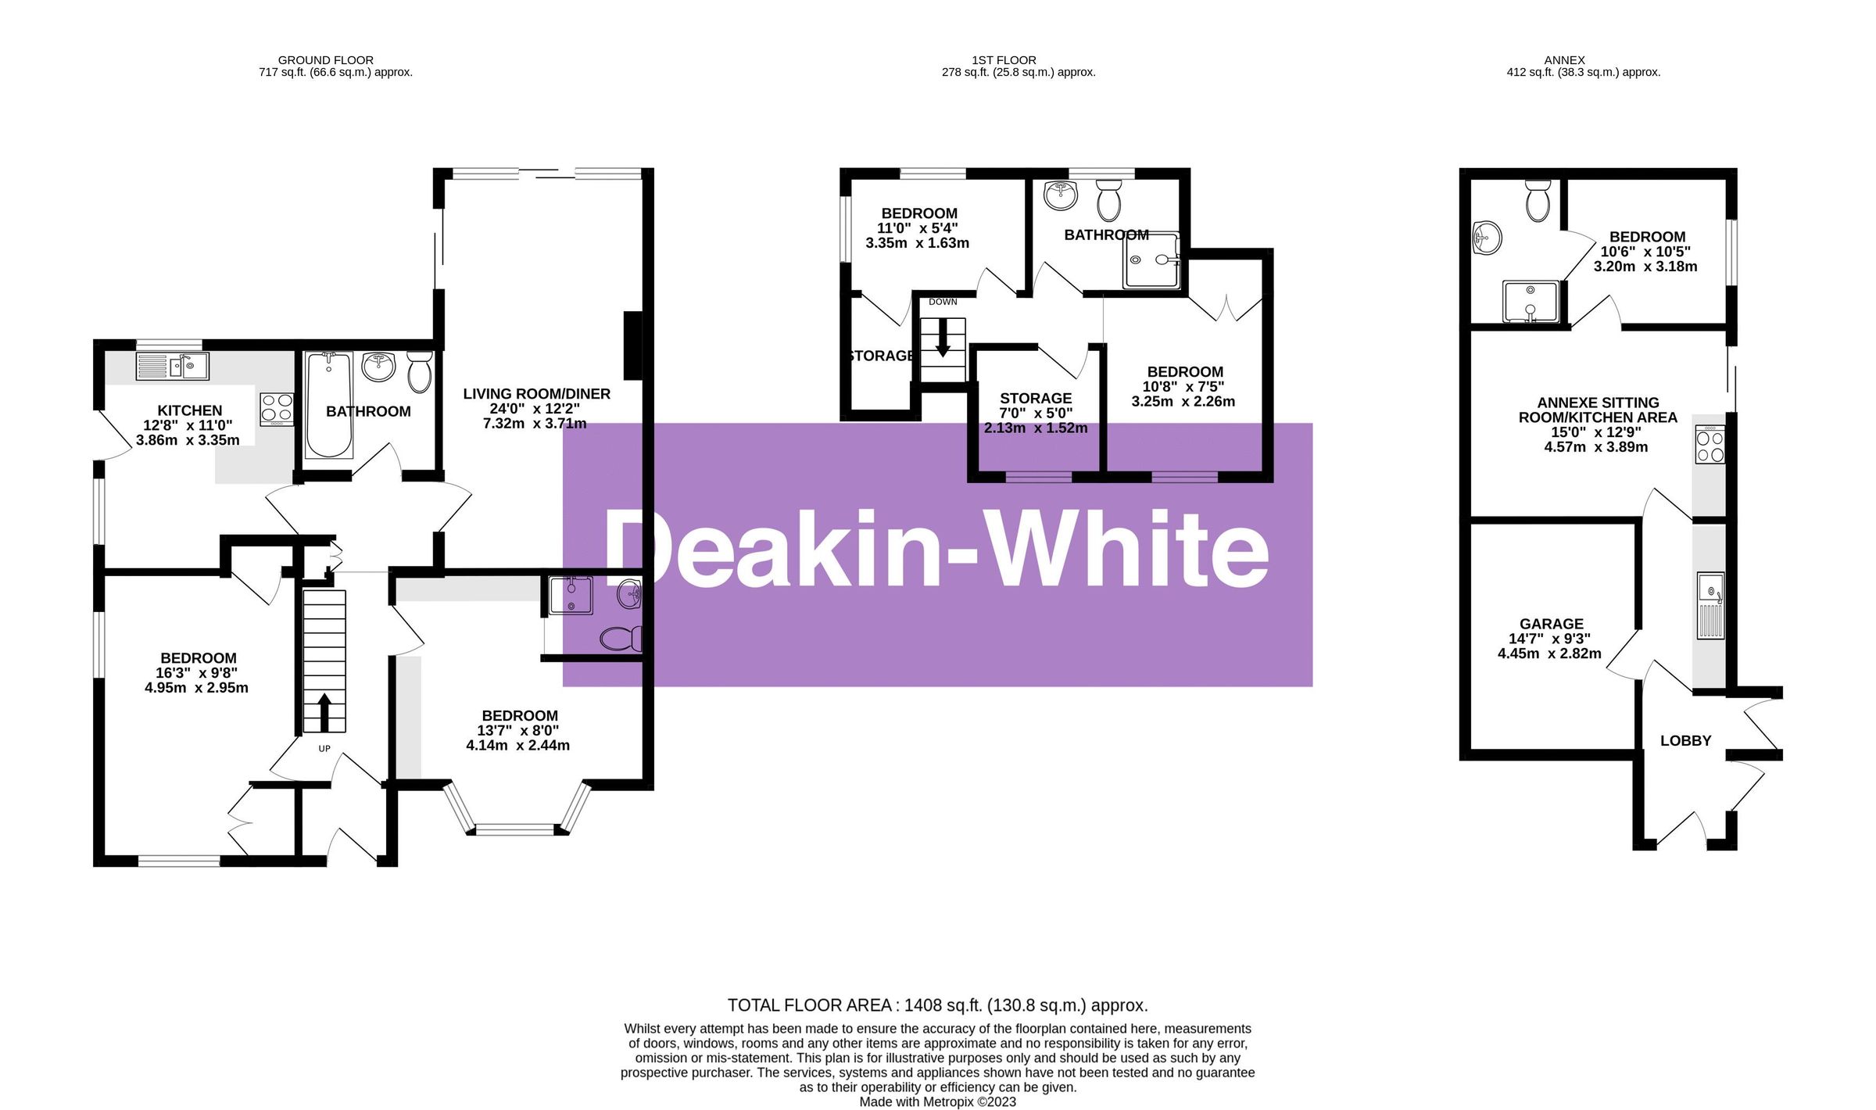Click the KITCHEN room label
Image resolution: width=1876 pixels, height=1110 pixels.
(x=190, y=410)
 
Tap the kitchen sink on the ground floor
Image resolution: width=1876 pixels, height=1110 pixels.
(x=172, y=366)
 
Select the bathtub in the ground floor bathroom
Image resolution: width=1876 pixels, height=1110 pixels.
(x=329, y=405)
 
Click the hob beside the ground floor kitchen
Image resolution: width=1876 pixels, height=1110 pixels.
(x=277, y=409)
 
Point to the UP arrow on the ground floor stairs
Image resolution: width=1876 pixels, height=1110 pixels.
(x=324, y=711)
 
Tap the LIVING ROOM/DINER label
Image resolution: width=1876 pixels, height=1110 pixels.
(x=537, y=394)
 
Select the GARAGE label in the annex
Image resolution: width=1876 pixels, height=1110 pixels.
(x=1552, y=624)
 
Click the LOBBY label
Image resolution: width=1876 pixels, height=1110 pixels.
(x=1686, y=740)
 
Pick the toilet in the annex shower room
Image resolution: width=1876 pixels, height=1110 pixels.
(x=1538, y=201)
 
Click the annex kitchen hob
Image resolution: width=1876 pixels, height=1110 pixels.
(x=1710, y=444)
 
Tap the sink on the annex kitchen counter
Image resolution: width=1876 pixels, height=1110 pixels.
(x=1711, y=605)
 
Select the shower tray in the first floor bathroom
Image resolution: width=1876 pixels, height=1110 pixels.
(x=1151, y=260)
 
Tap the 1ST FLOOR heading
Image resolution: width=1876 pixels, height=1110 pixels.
(x=1004, y=60)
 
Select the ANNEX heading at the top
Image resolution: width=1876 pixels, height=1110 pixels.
(x=1565, y=60)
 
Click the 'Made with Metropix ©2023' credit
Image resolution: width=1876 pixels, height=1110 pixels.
(x=938, y=1101)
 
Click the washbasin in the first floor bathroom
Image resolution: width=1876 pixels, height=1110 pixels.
(x=1061, y=196)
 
